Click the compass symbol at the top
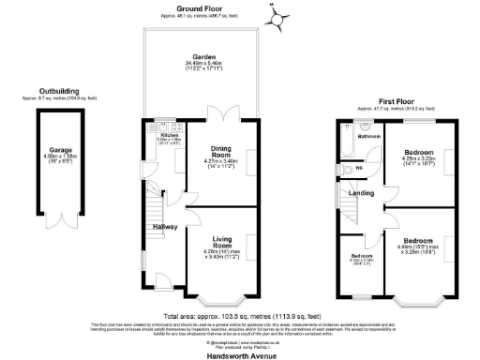pos(276,17)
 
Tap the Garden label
pos(199,57)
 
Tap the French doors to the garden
pos(224,117)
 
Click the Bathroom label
pos(368,137)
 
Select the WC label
pos(359,170)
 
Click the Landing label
pos(363,193)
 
